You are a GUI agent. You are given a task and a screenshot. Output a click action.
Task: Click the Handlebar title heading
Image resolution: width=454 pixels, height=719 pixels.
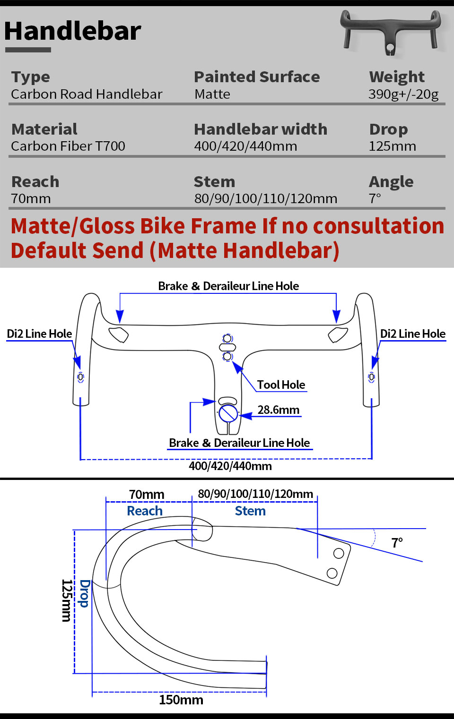(73, 31)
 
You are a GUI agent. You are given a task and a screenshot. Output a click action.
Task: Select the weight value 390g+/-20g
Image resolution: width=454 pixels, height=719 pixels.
(403, 94)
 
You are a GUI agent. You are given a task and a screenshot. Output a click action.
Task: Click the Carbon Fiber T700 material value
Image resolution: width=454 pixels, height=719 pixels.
(68, 146)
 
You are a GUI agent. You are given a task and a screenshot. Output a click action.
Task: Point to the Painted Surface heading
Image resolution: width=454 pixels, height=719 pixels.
(257, 77)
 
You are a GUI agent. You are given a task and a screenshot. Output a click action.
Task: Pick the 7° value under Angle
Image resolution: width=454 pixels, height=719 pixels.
(375, 198)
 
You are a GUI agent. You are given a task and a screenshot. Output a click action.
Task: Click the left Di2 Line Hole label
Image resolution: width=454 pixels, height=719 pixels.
(39, 334)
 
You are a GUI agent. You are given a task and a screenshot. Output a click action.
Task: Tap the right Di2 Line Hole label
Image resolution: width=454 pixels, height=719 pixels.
(412, 334)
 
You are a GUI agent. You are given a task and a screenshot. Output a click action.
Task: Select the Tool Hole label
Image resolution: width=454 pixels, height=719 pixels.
(281, 385)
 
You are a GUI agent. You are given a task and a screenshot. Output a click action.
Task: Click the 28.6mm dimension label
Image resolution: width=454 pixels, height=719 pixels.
(278, 410)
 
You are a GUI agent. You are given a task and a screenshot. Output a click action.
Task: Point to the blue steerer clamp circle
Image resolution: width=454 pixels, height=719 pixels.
(228, 413)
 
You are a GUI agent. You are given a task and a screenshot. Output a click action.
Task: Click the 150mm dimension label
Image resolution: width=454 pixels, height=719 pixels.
(181, 700)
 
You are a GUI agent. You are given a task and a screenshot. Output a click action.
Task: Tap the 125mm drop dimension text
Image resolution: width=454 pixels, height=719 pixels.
(67, 600)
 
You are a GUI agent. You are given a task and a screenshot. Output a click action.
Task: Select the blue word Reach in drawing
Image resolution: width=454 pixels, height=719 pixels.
(145, 511)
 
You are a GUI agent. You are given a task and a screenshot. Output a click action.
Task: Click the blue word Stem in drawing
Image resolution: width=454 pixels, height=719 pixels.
(250, 511)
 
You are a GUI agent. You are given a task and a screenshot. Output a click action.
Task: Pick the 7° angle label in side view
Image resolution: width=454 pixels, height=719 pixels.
(397, 543)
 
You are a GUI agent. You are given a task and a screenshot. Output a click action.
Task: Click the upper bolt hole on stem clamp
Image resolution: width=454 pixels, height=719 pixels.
(339, 553)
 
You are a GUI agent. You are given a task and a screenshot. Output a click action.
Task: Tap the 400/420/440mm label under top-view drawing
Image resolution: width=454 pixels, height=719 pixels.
(230, 466)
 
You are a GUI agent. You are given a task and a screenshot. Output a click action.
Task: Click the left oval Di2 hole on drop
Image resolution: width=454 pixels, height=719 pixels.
(81, 377)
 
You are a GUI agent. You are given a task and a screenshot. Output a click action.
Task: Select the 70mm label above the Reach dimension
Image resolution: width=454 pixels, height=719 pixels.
(147, 495)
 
